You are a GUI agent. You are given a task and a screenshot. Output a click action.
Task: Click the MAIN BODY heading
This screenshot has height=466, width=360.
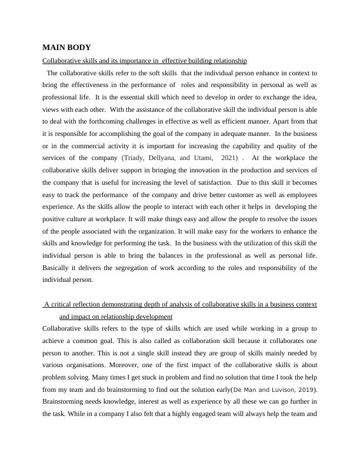tap(66, 47)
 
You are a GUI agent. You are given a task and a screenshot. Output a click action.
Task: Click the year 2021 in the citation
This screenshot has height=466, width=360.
tap(229, 158)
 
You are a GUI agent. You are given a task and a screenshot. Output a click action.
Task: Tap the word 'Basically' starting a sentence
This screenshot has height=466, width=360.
tap(57, 268)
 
